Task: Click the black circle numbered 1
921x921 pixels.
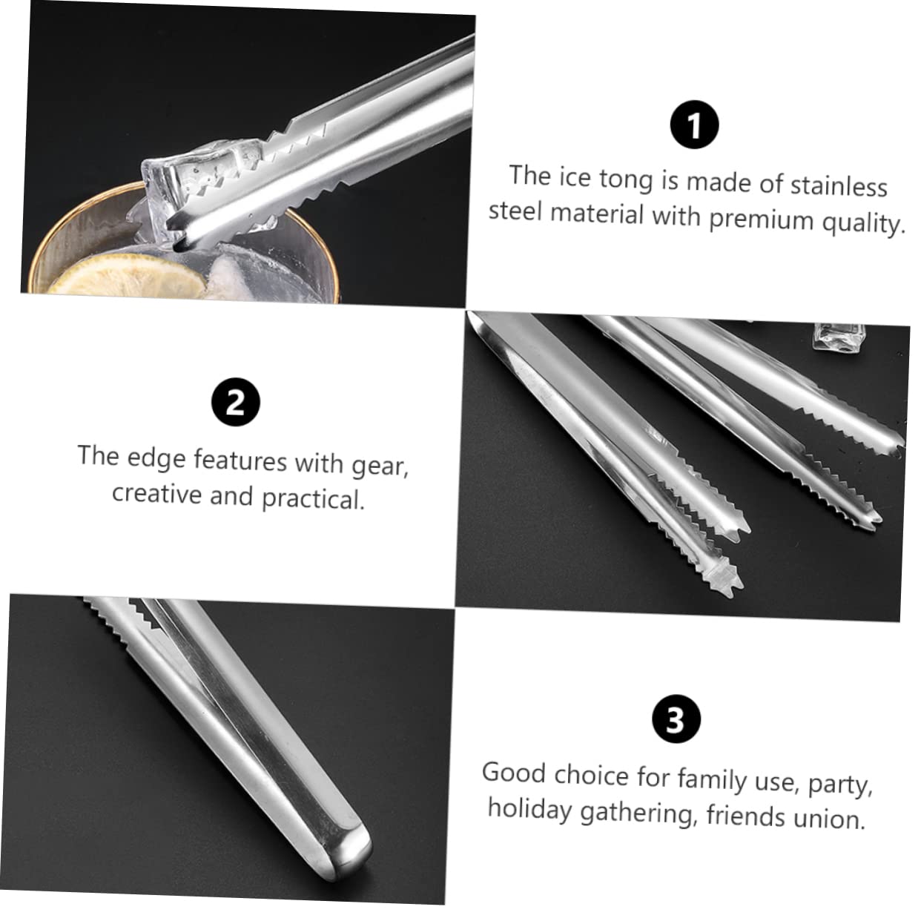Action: click(x=694, y=126)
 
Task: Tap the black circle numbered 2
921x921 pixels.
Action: click(x=235, y=403)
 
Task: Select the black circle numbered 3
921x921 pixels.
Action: click(x=674, y=719)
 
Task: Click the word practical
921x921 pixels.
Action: click(x=312, y=499)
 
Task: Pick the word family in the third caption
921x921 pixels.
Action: click(x=711, y=779)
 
